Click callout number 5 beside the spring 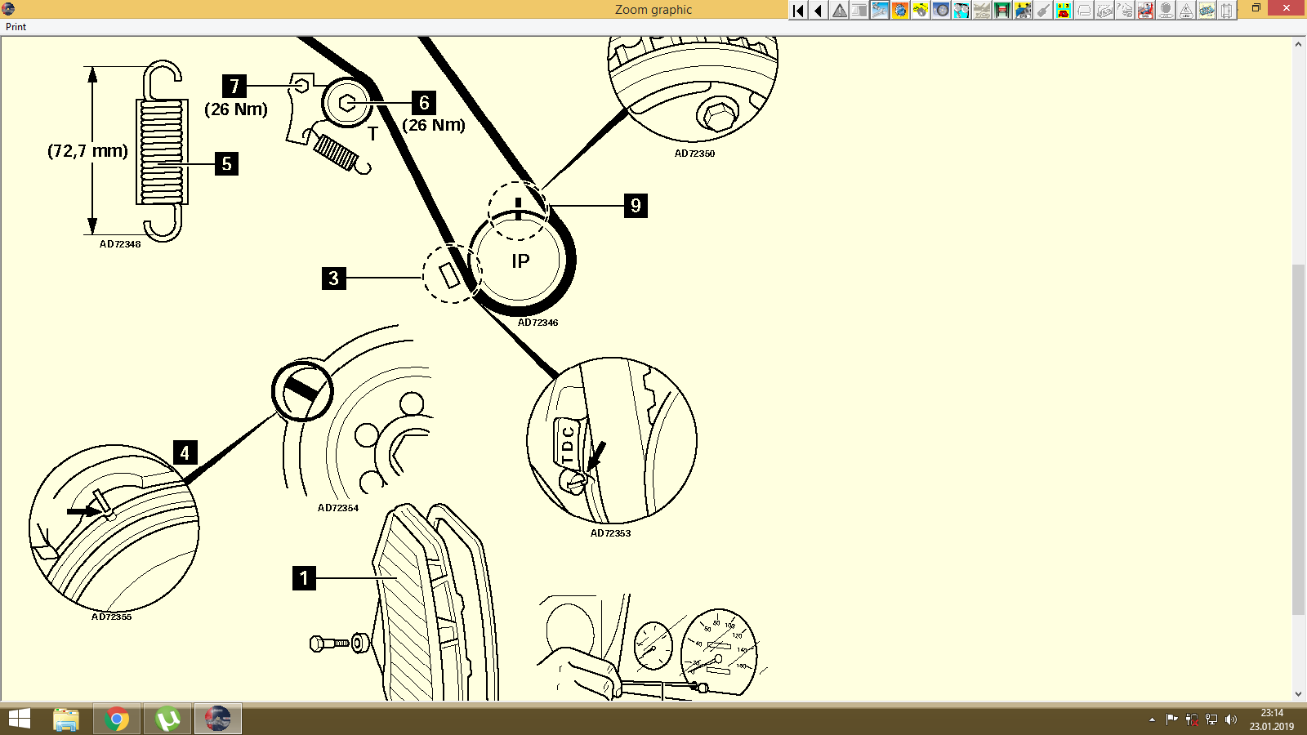coord(226,164)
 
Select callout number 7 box coord(234,87)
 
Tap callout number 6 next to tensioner coord(423,103)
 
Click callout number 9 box coord(636,206)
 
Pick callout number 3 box coord(333,278)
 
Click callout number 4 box coord(185,452)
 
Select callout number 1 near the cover coord(304,578)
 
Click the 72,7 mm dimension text coord(87,151)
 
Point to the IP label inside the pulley coord(520,261)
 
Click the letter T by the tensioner coord(372,134)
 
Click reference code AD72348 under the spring coord(120,244)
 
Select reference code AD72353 coord(610,533)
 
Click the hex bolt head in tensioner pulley coord(346,103)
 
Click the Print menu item coord(16,27)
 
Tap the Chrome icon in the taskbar coord(117,719)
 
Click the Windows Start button coord(19,719)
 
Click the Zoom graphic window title coord(653,10)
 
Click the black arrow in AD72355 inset coord(83,512)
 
